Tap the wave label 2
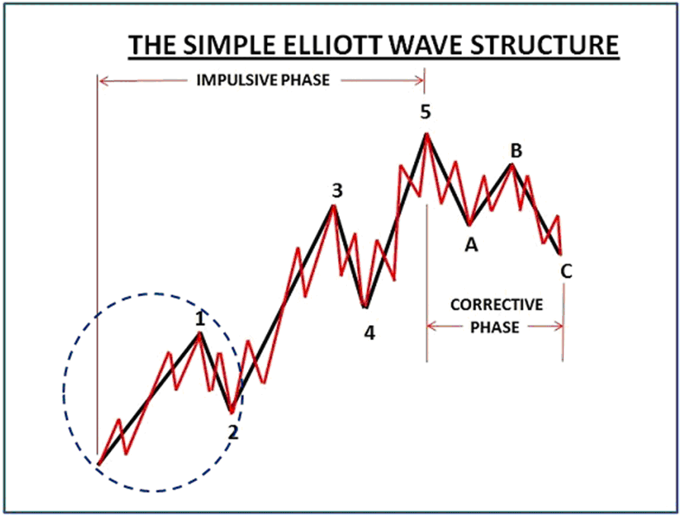[234, 432]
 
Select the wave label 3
[335, 191]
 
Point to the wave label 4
[369, 333]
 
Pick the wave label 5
[425, 112]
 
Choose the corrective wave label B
[516, 151]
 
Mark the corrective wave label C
[567, 270]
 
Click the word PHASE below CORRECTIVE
[495, 327]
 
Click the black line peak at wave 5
[427, 135]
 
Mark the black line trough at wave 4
[366, 307]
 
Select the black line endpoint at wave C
[561, 253]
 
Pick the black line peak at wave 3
[333, 206]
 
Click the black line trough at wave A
[469, 225]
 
